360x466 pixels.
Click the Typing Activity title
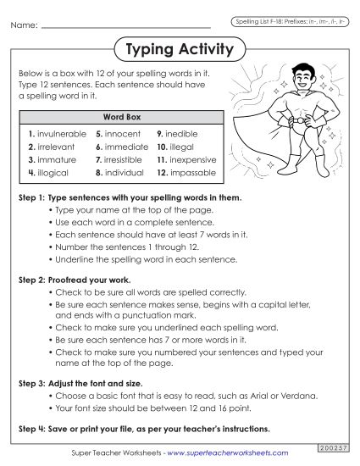coord(179,49)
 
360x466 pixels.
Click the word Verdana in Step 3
coord(274,395)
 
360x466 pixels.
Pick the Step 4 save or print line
coord(144,429)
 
